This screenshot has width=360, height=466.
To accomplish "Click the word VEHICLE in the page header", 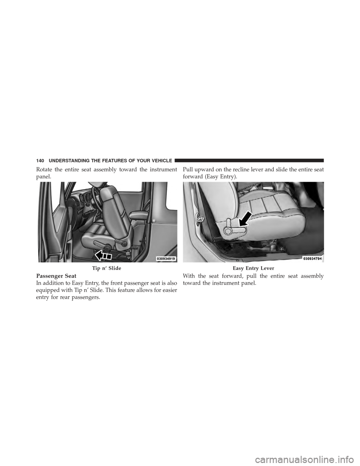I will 159,160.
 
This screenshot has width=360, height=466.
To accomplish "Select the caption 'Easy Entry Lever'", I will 253,268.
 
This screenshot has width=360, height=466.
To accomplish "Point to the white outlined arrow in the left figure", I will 102,256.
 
